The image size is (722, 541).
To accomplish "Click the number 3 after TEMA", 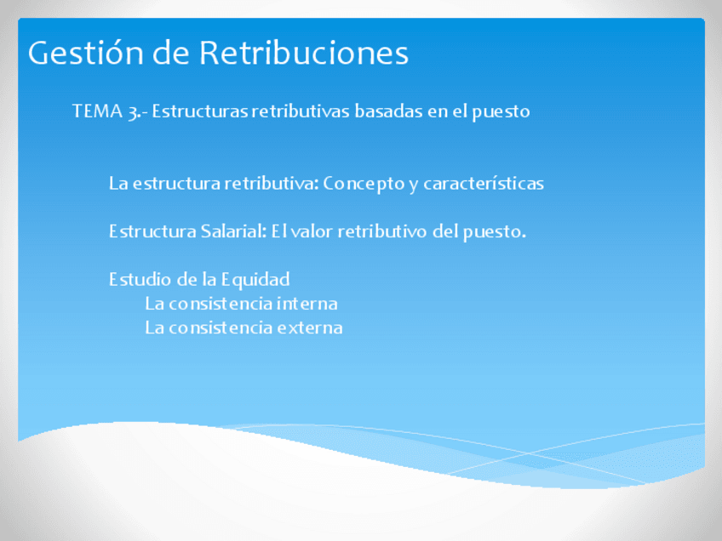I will [134, 112].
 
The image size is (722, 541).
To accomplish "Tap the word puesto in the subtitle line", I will [503, 111].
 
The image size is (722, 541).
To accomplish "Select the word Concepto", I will [364, 184].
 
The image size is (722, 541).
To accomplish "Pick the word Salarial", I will [234, 231].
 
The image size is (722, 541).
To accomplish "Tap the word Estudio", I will [135, 279].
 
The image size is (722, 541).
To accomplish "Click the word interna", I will [307, 304].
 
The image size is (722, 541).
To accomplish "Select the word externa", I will [310, 327].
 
